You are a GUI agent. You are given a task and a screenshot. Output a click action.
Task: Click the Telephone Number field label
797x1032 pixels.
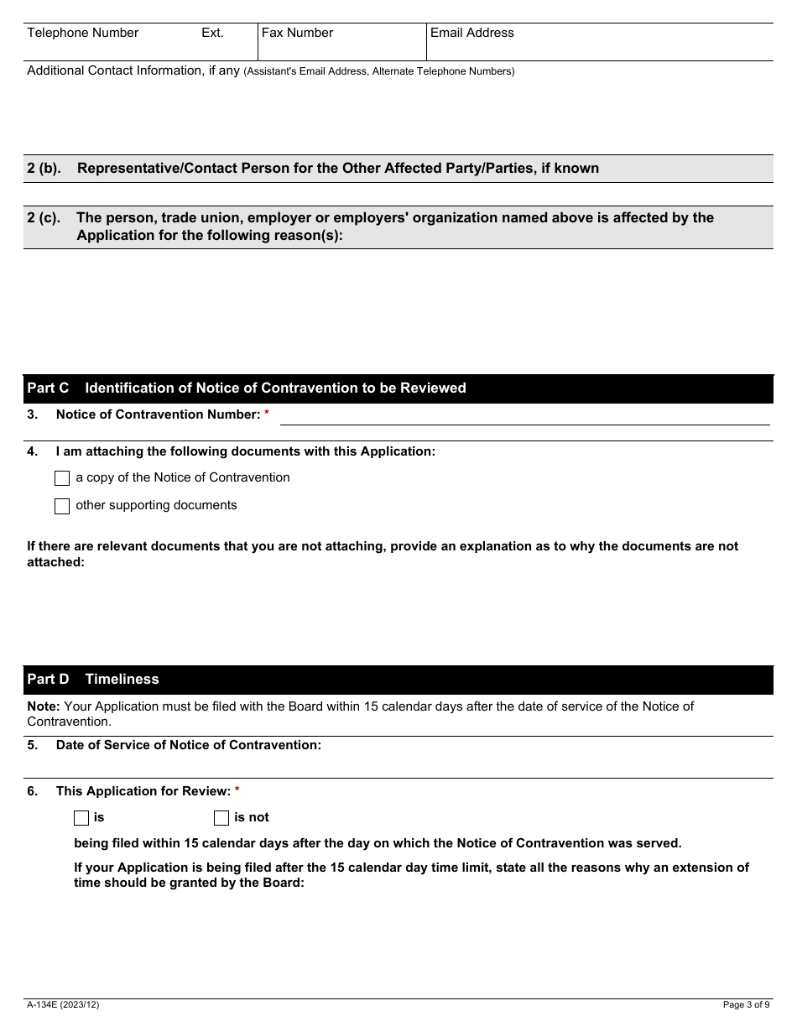click(82, 33)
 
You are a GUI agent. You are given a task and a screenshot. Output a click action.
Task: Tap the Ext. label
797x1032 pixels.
click(212, 33)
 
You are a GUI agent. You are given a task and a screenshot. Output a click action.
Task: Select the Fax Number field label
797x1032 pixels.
click(297, 33)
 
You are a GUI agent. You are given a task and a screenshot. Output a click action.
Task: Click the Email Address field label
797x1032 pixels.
click(471, 33)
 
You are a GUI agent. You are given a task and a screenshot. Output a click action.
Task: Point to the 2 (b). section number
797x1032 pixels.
click(44, 168)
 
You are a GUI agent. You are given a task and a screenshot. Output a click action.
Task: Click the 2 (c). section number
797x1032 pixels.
click(44, 217)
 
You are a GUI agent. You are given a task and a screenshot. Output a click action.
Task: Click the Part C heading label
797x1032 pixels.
click(48, 388)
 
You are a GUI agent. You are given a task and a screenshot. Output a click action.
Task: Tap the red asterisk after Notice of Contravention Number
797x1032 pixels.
click(267, 414)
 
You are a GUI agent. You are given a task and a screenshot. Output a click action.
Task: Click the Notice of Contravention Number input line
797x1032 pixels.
click(524, 416)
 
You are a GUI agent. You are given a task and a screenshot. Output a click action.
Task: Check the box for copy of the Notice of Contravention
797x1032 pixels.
click(62, 478)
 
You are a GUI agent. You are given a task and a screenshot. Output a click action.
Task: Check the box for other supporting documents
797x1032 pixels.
click(62, 506)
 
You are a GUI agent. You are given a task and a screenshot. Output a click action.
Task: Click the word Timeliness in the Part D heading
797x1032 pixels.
click(122, 679)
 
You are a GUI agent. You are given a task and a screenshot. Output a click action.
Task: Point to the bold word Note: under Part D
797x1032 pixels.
click(43, 706)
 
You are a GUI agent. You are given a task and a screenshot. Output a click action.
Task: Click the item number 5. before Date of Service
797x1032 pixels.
click(33, 745)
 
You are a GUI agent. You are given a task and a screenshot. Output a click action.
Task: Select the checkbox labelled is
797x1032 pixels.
click(81, 818)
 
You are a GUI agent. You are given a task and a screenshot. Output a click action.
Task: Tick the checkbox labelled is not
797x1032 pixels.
click(221, 818)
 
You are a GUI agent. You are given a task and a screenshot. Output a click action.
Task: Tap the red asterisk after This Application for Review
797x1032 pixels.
click(237, 791)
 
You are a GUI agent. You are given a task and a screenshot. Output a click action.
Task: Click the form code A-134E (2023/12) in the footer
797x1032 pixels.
click(63, 1004)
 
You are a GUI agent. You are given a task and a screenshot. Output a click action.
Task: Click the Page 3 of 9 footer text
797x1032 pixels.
click(746, 1004)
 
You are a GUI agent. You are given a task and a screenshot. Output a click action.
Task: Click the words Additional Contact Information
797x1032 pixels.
click(115, 70)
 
